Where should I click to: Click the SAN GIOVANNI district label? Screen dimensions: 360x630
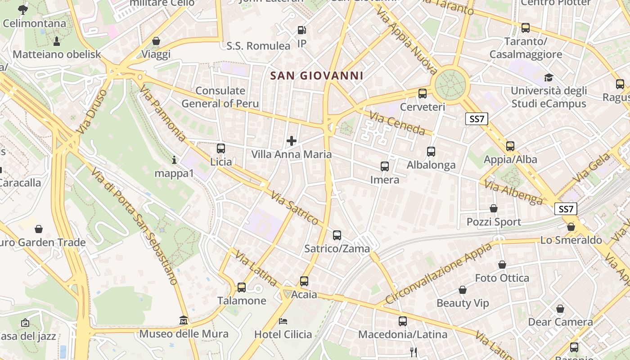[x=317, y=76]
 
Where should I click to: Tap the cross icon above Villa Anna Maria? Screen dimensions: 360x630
[x=292, y=141]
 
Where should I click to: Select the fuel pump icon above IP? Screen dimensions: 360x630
[x=302, y=31]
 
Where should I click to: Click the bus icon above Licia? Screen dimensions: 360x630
[x=220, y=148]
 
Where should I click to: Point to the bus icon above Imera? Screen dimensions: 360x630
[x=385, y=166]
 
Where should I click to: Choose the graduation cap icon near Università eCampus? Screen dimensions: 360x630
[x=549, y=77]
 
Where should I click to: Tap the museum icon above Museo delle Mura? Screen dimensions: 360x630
[x=184, y=320]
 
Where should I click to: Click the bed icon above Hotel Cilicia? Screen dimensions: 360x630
[x=283, y=321]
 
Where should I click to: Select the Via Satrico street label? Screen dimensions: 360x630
[x=295, y=207]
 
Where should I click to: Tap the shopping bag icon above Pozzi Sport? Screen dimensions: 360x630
[x=494, y=208]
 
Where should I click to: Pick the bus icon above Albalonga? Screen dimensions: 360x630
[x=431, y=152]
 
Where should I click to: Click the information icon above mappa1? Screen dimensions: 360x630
[x=174, y=160]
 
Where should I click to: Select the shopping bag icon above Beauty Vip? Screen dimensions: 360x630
[x=462, y=290]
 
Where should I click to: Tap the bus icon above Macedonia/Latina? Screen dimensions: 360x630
[x=403, y=321]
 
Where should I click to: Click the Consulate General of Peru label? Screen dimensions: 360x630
[x=220, y=97]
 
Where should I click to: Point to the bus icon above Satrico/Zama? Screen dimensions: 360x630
[x=337, y=235]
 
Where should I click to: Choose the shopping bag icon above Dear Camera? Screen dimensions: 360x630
[x=560, y=309]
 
